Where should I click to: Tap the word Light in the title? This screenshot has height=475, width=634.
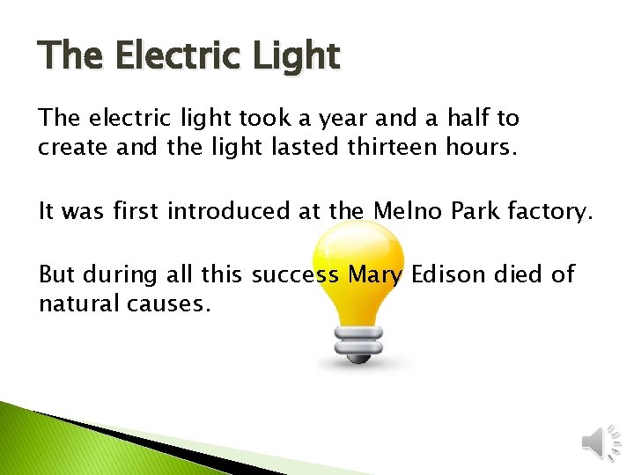coord(295,56)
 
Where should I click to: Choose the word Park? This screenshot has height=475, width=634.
coord(484,211)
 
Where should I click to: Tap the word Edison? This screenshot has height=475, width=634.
coord(449,274)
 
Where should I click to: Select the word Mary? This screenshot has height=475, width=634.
coord(375,275)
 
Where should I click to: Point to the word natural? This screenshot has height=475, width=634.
coord(74,304)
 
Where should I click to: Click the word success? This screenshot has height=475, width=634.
coord(295,275)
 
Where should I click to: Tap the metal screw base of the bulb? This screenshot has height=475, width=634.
coord(358,344)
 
